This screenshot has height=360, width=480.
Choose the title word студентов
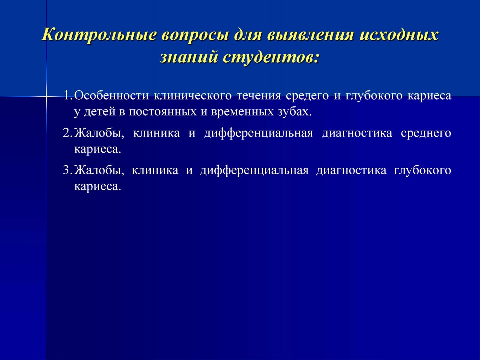pos(271,57)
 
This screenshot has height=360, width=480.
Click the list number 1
pos(68,95)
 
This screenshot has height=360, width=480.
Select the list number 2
pos(68,133)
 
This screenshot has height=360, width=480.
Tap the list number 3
pos(68,170)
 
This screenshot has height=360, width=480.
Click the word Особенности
pos(111,95)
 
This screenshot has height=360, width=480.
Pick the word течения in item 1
pos(259,96)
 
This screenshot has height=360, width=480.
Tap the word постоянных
pos(163,112)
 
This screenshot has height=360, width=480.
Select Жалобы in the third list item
pos(99,170)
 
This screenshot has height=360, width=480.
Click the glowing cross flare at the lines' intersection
pos(46,96)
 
